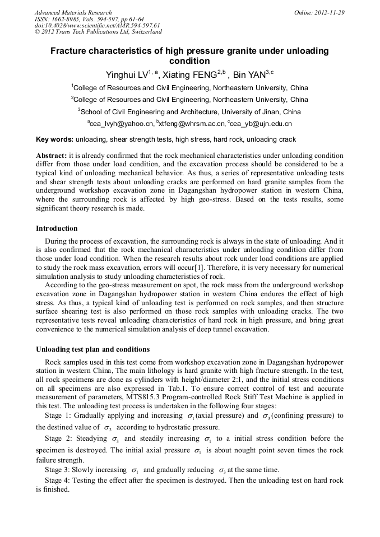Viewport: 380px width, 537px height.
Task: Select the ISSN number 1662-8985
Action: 69,19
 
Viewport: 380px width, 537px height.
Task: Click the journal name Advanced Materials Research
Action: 73,12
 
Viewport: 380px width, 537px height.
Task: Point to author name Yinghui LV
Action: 127,74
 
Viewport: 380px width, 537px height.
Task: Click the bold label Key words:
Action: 54,139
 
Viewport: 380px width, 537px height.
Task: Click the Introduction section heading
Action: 57,228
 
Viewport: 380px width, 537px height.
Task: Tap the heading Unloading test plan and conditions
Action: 92,349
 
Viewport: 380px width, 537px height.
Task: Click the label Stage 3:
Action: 58,470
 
